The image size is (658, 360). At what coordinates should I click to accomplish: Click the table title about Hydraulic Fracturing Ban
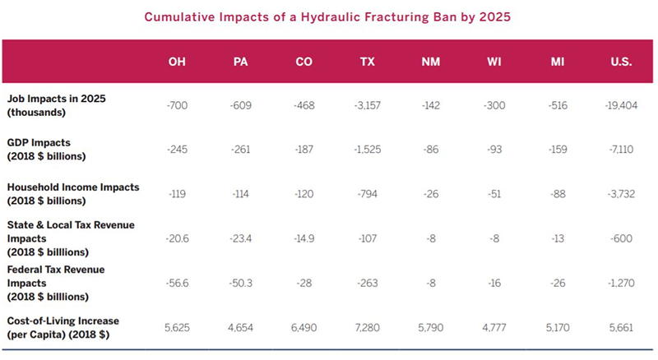coord(327,17)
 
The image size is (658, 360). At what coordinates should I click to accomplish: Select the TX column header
coord(367,62)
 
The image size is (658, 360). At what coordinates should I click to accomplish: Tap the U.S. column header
coord(621,62)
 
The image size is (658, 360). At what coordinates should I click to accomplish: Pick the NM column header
coord(430,62)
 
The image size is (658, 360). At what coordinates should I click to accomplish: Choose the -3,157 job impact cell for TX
coord(367,105)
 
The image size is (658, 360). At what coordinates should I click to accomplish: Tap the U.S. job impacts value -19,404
coord(621,105)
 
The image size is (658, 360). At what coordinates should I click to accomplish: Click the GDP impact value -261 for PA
coord(240,150)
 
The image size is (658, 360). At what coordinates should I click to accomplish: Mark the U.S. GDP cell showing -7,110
coord(621,150)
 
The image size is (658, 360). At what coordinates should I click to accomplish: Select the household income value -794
coord(367,194)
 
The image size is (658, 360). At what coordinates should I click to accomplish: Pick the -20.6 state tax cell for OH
coord(177,238)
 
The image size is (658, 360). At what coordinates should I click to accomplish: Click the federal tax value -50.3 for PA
coord(240,284)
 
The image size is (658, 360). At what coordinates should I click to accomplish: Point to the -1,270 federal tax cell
coord(621,284)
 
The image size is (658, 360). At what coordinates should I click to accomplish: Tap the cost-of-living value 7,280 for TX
coord(367,328)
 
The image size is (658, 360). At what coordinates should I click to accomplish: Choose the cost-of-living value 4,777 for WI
coord(494,328)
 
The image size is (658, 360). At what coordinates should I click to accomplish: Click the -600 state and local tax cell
coord(621,238)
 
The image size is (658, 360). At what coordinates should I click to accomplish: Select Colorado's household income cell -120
coord(304,194)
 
